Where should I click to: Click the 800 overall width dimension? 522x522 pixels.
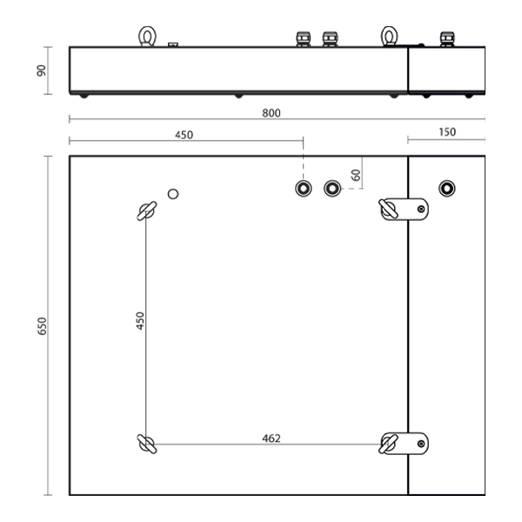tap(271, 113)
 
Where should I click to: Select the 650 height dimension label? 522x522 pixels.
tap(43, 326)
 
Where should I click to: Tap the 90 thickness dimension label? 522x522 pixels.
tap(41, 70)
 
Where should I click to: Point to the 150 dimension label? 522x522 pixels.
tap(447, 132)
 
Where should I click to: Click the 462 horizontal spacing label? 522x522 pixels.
tap(271, 438)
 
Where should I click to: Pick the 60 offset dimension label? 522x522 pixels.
tap(356, 175)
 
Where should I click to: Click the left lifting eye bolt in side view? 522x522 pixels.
tap(147, 36)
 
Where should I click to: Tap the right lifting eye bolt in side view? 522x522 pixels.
tap(389, 36)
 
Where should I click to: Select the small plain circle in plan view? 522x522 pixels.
tap(173, 194)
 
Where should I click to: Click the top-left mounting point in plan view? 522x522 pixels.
tap(147, 211)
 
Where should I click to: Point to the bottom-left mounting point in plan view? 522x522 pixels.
tap(147, 444)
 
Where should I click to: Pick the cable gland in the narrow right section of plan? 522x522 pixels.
tap(447, 189)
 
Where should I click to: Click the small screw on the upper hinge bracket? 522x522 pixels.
tap(421, 209)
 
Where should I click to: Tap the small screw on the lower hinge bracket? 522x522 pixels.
tap(421, 444)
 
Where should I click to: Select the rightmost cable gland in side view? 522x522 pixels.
tap(447, 39)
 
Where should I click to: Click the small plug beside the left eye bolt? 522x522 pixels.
tap(173, 44)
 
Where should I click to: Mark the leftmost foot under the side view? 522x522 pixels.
tap(84, 97)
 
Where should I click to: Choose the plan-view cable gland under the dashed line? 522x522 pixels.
tap(304, 189)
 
